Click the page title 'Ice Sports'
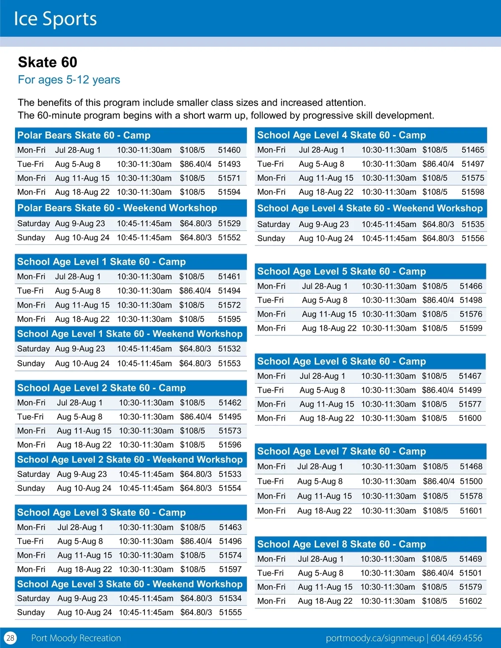(x=55, y=19)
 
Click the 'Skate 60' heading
(x=48, y=62)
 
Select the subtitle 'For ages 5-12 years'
(x=69, y=80)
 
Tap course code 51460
(x=229, y=150)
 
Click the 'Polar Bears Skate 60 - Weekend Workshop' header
(x=117, y=208)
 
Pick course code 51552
(x=229, y=237)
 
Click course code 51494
(x=229, y=290)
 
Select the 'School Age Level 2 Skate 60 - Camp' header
(x=101, y=388)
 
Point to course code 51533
(x=230, y=474)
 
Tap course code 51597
(x=230, y=569)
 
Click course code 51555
(x=230, y=612)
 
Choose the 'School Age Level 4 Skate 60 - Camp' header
(x=342, y=135)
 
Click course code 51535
(x=473, y=224)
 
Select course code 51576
(x=471, y=314)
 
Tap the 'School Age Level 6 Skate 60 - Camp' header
(x=342, y=361)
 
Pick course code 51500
(x=471, y=481)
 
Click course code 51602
(x=471, y=601)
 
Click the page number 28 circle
(x=10, y=638)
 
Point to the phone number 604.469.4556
(x=456, y=638)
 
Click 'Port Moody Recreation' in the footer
(x=76, y=638)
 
